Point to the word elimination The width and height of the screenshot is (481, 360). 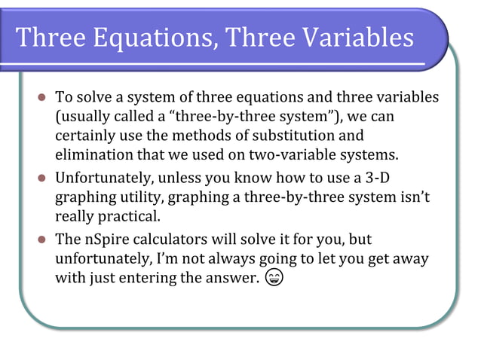[x=93, y=155]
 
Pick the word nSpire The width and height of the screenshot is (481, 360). [x=107, y=240]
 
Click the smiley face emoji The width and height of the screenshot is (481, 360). [x=274, y=279]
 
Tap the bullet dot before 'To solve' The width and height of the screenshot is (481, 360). [x=42, y=99]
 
